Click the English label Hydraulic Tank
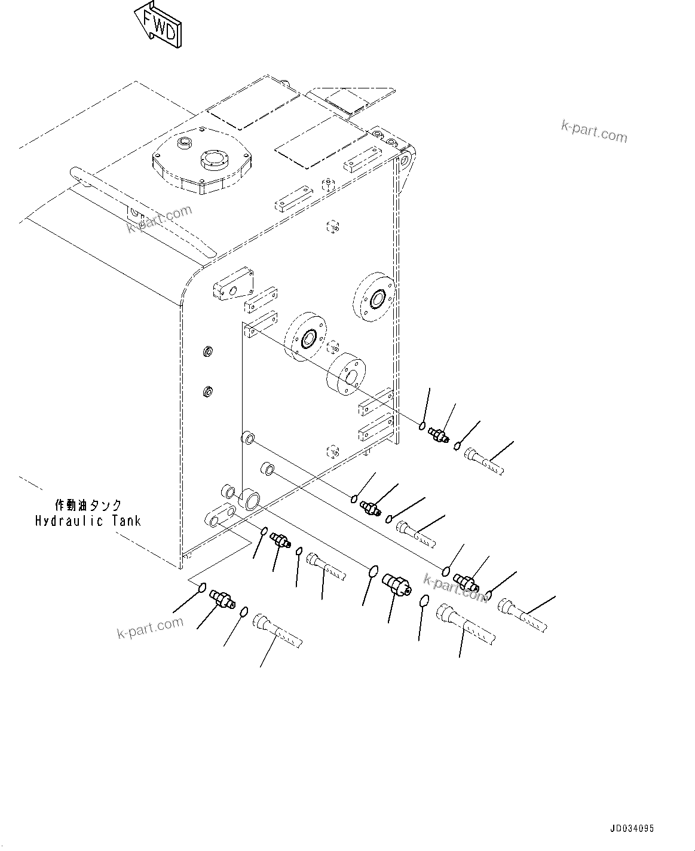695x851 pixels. (88, 521)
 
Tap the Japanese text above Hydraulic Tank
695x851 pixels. (88, 505)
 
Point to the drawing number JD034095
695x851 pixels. (632, 829)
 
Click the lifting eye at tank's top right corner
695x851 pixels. (407, 159)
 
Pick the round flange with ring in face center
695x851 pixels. (307, 339)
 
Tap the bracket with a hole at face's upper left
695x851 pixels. (232, 289)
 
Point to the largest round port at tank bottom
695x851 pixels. (249, 499)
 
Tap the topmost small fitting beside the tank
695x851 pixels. (440, 436)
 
